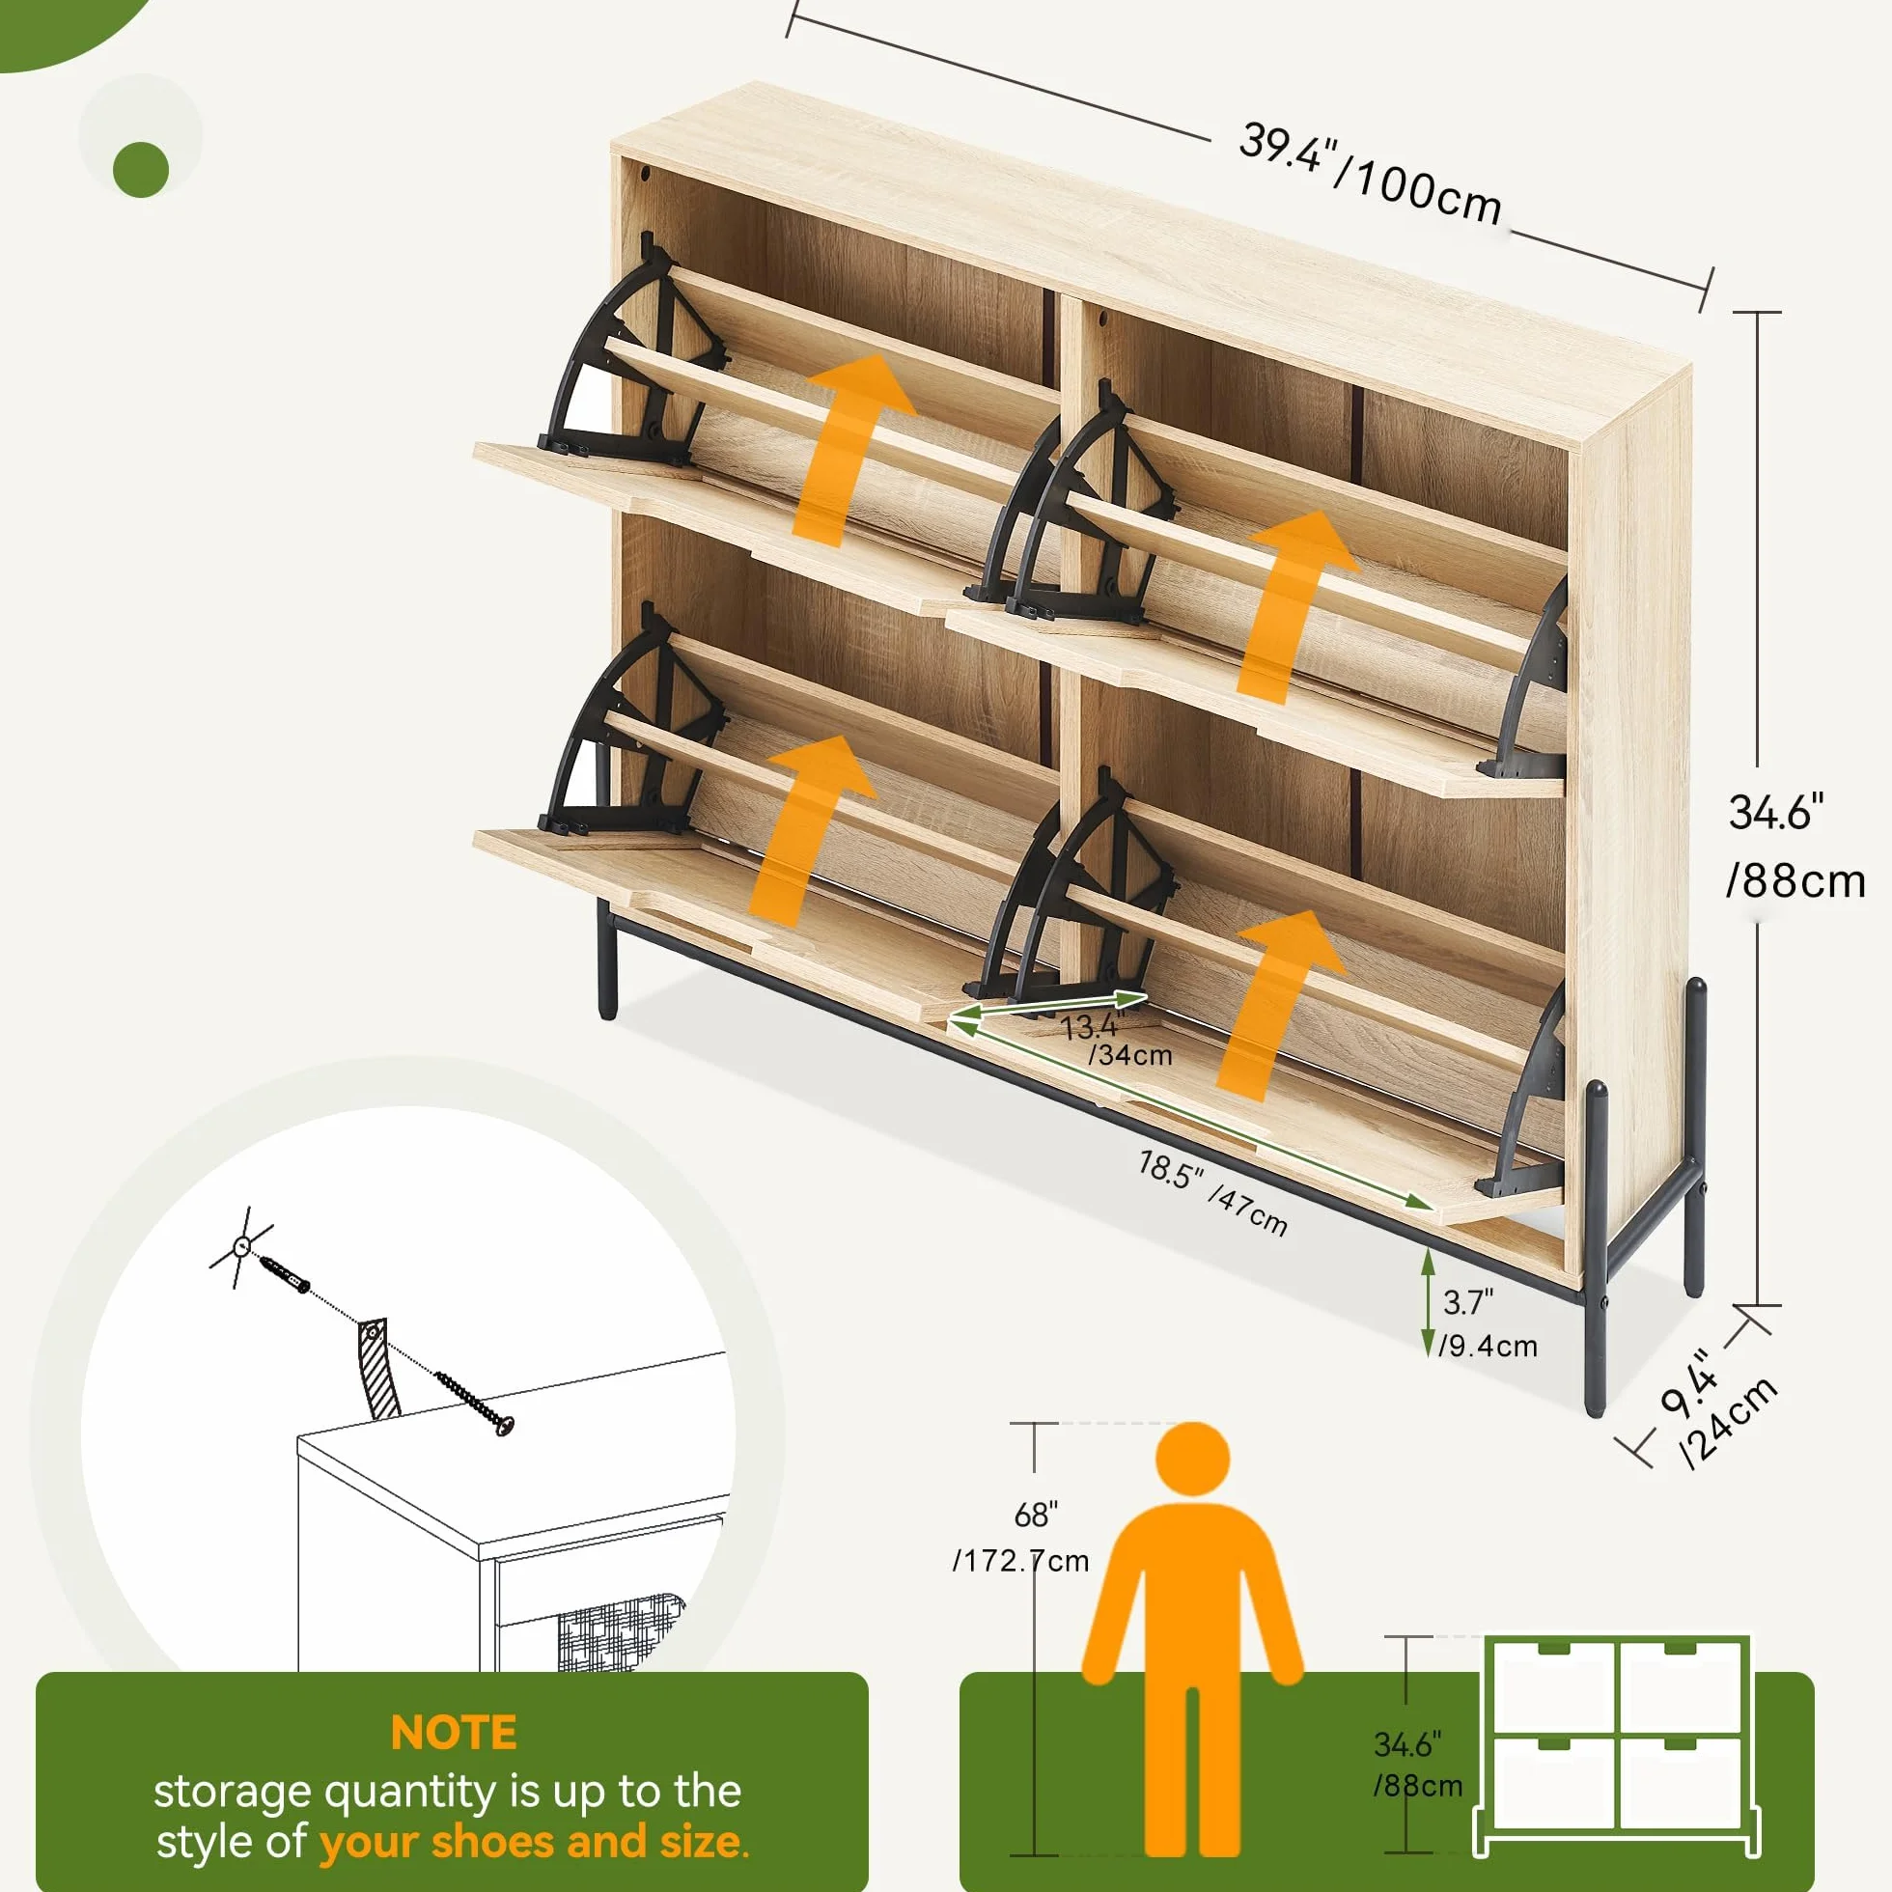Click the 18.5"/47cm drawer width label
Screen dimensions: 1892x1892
coord(1212,1192)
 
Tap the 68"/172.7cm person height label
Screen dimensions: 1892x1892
coord(1021,1537)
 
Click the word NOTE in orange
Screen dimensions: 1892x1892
coord(454,1733)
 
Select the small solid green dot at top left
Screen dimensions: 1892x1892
coord(141,170)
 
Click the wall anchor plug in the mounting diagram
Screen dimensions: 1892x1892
coord(284,1275)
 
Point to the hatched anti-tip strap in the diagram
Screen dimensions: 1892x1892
coord(378,1368)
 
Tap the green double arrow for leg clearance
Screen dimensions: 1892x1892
coord(1428,1302)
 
